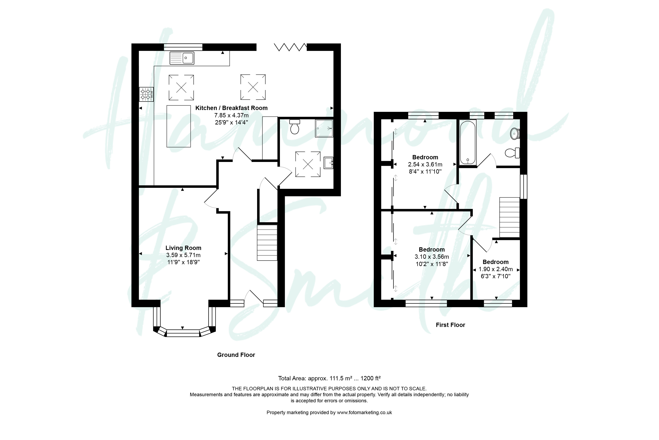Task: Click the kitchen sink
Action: coord(182,58)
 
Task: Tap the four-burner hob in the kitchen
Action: coord(146,94)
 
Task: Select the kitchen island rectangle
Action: coord(179,126)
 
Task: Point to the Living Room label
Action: coord(183,248)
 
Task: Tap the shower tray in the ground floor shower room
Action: coord(324,128)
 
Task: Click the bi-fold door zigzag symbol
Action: coord(290,47)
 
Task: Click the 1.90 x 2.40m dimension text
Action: coord(496,269)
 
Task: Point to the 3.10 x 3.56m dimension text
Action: coord(432,257)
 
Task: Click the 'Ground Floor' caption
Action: coord(236,355)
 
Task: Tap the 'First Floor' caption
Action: coord(451,325)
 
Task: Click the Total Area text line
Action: coord(329,378)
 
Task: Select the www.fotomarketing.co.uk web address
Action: coord(364,412)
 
